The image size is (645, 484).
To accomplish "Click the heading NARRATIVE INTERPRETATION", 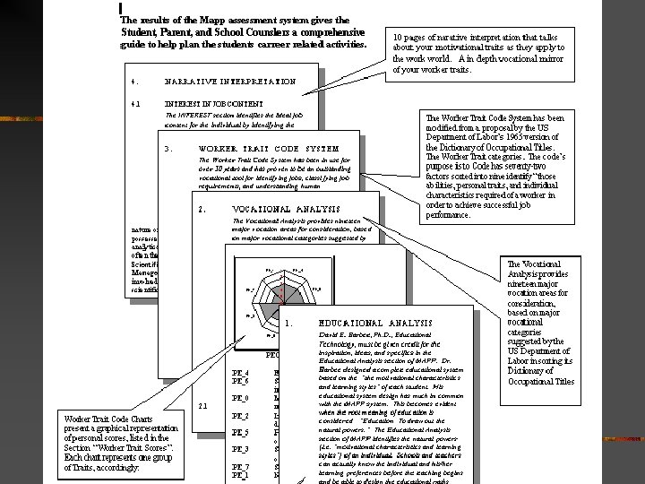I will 229,82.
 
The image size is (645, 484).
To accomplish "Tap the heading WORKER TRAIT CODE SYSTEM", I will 269,148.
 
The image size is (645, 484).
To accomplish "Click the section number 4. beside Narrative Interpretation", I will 134,82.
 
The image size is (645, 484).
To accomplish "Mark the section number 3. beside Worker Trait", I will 168,148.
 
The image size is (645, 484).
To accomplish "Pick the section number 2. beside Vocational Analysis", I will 202,210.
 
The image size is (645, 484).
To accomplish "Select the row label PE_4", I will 240,372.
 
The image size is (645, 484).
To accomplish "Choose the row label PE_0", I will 240,397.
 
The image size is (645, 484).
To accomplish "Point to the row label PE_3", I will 240,448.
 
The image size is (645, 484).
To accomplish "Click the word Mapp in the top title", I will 201,19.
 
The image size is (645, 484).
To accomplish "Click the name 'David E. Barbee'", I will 344,333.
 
